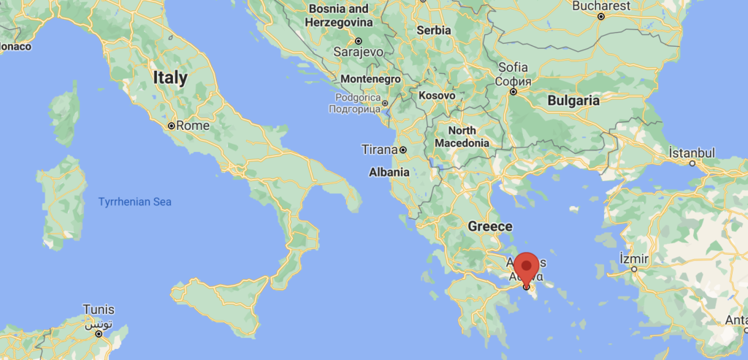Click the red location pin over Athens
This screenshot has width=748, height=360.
tap(526, 267)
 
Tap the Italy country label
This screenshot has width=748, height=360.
tap(170, 77)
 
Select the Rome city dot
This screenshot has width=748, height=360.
tap(171, 126)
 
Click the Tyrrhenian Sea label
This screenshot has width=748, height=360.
tap(135, 201)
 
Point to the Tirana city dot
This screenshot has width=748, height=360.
tap(402, 150)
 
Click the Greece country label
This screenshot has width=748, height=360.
tap(490, 226)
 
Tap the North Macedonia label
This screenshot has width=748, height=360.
tap(462, 137)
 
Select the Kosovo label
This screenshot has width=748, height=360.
tap(437, 96)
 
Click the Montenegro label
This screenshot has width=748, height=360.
tap(370, 79)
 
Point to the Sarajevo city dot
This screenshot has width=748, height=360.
tap(359, 41)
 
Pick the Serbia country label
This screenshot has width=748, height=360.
tap(434, 31)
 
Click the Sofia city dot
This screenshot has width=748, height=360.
tap(514, 92)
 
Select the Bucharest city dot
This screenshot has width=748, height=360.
tap(601, 16)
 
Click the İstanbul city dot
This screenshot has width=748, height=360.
tap(693, 164)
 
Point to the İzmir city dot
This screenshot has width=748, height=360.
tap(634, 269)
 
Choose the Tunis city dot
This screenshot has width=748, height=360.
tap(99, 333)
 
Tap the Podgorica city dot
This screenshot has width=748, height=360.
tap(385, 103)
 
